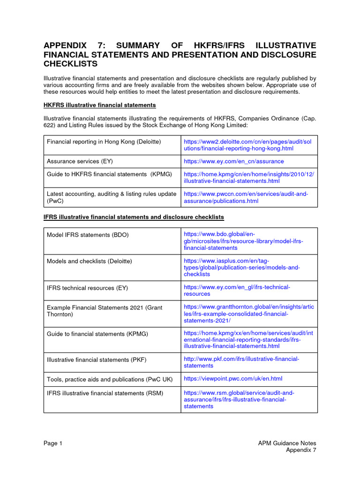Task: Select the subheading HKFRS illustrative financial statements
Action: coord(99,105)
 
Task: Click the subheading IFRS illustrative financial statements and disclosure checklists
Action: coord(134,217)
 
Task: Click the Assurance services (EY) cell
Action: coord(80,161)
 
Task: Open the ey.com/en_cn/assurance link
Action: coord(233,161)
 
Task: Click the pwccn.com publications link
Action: coord(246,197)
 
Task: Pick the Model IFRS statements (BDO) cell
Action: coord(88,234)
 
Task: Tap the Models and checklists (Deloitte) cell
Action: coord(89,261)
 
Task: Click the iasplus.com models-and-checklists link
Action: coord(241,267)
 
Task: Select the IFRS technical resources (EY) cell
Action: coord(87,287)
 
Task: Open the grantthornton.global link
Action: coord(248,313)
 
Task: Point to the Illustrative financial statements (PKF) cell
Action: coord(97,360)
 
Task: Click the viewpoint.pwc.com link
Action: coord(233,378)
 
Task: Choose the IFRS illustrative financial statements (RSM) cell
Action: coord(105,393)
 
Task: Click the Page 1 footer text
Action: coord(52,443)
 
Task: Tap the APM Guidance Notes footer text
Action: coord(287,443)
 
